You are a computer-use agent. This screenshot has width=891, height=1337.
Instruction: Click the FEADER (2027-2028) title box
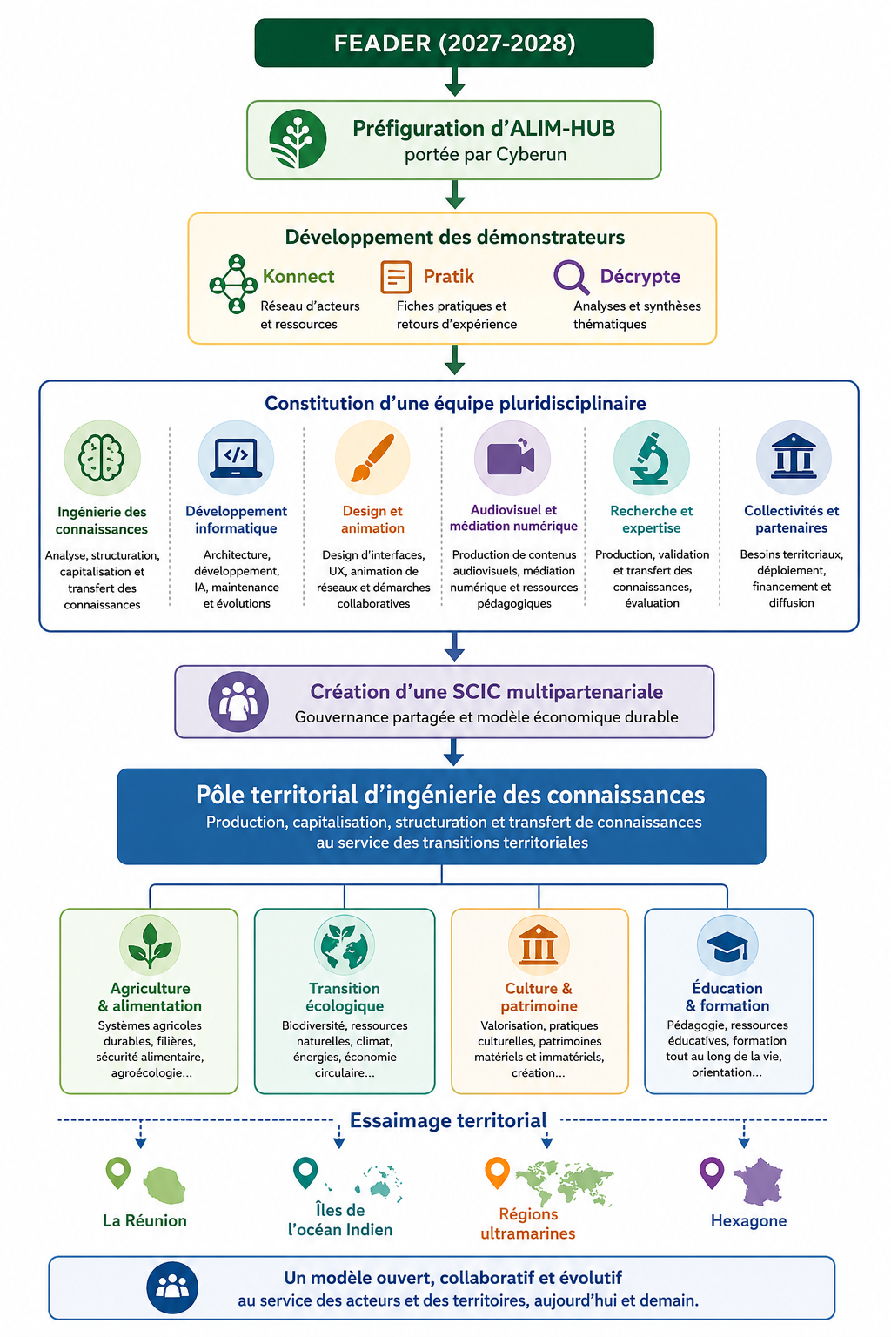[x=454, y=43]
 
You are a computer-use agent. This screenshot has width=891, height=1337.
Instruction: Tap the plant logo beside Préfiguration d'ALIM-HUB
[x=298, y=138]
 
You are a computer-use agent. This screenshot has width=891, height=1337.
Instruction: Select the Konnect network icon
[x=233, y=284]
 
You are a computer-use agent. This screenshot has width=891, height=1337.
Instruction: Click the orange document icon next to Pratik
[x=396, y=277]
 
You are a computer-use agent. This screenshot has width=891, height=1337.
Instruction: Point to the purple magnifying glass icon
[x=571, y=277]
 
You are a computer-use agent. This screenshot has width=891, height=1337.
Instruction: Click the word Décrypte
[x=640, y=276]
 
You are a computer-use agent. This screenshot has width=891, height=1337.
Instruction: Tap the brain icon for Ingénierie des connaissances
[x=102, y=458]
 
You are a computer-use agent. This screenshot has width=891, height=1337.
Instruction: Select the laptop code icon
[x=236, y=458]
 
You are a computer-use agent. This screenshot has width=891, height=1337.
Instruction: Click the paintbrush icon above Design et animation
[x=372, y=458]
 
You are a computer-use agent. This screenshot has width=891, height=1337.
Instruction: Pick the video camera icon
[x=512, y=458]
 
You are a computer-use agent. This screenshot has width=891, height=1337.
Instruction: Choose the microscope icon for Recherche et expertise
[x=651, y=458]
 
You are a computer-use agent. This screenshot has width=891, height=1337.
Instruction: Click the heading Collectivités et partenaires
[x=791, y=519]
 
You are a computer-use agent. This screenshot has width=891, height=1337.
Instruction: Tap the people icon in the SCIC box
[x=238, y=702]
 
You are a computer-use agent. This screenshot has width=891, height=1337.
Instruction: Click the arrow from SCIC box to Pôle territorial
[x=453, y=752]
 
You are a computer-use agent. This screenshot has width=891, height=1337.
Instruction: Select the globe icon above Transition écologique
[x=345, y=945]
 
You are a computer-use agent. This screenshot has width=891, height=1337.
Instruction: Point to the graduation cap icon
[x=727, y=945]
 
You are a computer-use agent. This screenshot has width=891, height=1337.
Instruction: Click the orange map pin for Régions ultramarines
[x=497, y=1172]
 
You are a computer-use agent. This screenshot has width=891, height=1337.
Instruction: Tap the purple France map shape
[x=758, y=1181]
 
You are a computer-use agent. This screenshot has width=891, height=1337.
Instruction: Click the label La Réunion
[x=145, y=1220]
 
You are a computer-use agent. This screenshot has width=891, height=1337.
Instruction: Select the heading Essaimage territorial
[x=448, y=1120]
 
